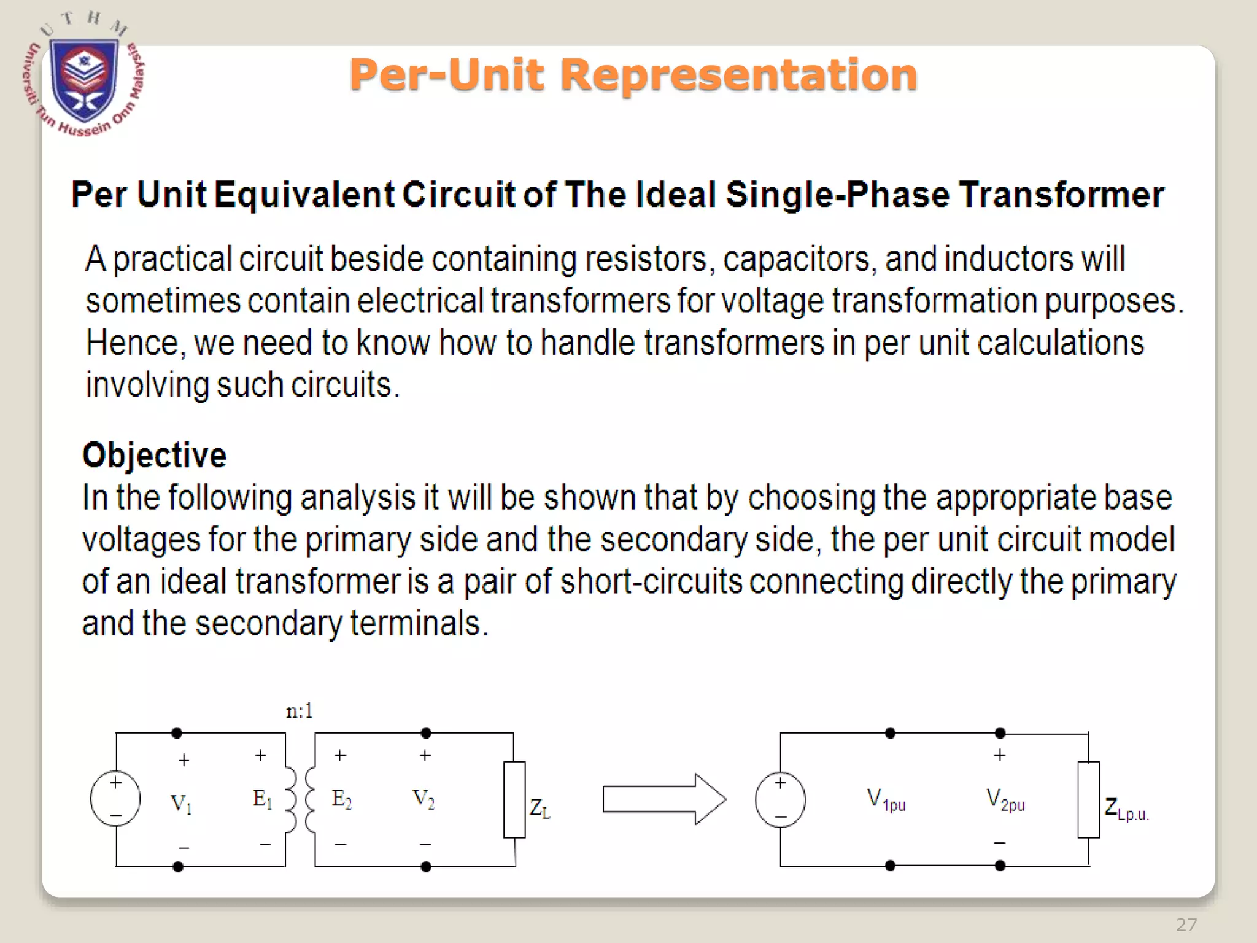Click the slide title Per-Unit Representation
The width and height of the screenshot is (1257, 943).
coord(633,75)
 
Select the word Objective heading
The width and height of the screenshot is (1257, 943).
coord(154,455)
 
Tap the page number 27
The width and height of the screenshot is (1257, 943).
coord(1186,925)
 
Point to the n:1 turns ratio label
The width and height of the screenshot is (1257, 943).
coord(300,711)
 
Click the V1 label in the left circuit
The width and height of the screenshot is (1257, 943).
coord(181,802)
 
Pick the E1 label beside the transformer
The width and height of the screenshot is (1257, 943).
coord(262,799)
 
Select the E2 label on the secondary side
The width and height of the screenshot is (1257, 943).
coord(342,799)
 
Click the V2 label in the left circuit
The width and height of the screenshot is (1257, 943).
coord(424,799)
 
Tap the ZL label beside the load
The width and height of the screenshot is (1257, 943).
coord(540,809)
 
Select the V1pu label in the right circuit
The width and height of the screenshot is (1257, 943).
coord(886,800)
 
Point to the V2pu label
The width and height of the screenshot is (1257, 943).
coord(1005,800)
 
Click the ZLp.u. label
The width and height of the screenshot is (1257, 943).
coord(1126,809)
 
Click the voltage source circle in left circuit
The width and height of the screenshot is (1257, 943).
coord(115,799)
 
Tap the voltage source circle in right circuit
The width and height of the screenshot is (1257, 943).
coord(780,799)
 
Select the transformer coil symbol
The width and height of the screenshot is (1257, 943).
coord(300,799)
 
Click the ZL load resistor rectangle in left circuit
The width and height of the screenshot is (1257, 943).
coord(514,799)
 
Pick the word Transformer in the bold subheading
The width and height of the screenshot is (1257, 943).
coord(1061,195)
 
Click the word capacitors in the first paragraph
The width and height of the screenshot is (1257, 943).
coord(796,259)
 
